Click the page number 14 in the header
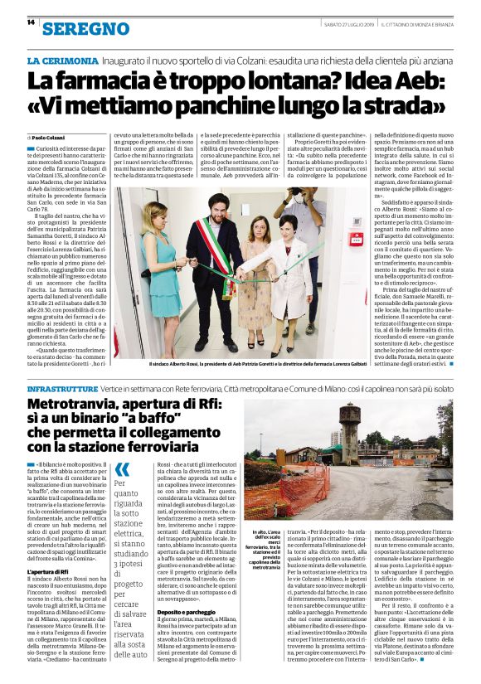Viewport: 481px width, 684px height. (31, 22)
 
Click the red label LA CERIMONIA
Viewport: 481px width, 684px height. (63, 62)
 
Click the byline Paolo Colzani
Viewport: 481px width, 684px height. (46, 137)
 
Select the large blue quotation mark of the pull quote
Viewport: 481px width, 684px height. (121, 470)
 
